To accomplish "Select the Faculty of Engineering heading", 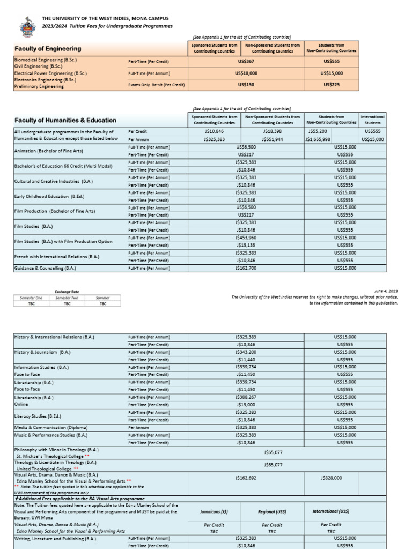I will (x=48, y=49).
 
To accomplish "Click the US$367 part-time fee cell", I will (x=246, y=62).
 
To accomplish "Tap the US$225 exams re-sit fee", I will (x=332, y=85).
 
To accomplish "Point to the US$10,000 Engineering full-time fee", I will (x=246, y=73).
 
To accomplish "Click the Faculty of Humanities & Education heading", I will (x=65, y=120).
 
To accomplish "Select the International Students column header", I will (x=372, y=120).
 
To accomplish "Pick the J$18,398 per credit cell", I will (x=273, y=131).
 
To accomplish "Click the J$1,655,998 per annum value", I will (x=318, y=139).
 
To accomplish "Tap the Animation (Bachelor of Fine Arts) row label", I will (x=49, y=151).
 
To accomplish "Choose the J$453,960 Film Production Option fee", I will (x=246, y=238).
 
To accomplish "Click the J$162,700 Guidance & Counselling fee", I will (x=246, y=268).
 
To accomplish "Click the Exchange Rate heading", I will (x=67, y=292).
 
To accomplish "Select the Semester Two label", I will (x=67, y=298).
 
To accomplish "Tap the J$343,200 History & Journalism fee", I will (x=246, y=352).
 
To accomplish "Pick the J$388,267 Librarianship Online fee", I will (x=246, y=397).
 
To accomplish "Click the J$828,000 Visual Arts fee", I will (x=331, y=478).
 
